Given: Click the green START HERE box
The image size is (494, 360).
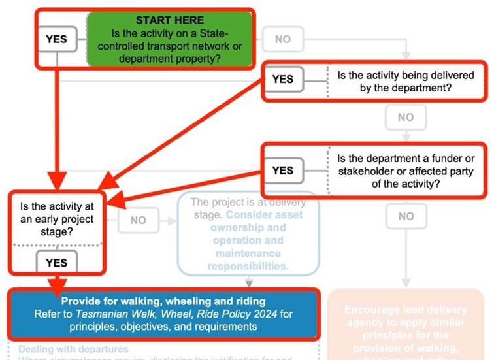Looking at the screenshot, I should [x=169, y=40].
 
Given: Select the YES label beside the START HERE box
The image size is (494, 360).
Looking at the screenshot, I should [x=56, y=39].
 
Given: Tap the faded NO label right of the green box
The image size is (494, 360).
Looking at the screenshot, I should [x=282, y=39].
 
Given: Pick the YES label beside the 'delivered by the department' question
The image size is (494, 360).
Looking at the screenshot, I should [x=282, y=79].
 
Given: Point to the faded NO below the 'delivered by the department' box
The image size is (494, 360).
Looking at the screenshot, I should [x=405, y=118].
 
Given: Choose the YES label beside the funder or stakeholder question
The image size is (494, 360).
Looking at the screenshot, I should [x=282, y=171].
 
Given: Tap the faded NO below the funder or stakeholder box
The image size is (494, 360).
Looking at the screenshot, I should [x=405, y=216].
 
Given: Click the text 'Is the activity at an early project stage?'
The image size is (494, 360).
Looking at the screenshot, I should [x=56, y=219].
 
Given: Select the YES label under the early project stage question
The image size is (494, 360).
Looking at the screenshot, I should [x=57, y=263].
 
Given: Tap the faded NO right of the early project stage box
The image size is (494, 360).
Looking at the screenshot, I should [x=138, y=220].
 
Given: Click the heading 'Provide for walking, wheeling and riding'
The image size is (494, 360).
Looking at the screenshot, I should [x=163, y=301].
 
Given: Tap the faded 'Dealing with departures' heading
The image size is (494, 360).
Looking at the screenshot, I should [x=73, y=350].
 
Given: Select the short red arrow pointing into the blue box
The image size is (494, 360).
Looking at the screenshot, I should [x=57, y=283].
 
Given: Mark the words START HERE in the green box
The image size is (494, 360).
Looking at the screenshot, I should [x=169, y=20].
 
